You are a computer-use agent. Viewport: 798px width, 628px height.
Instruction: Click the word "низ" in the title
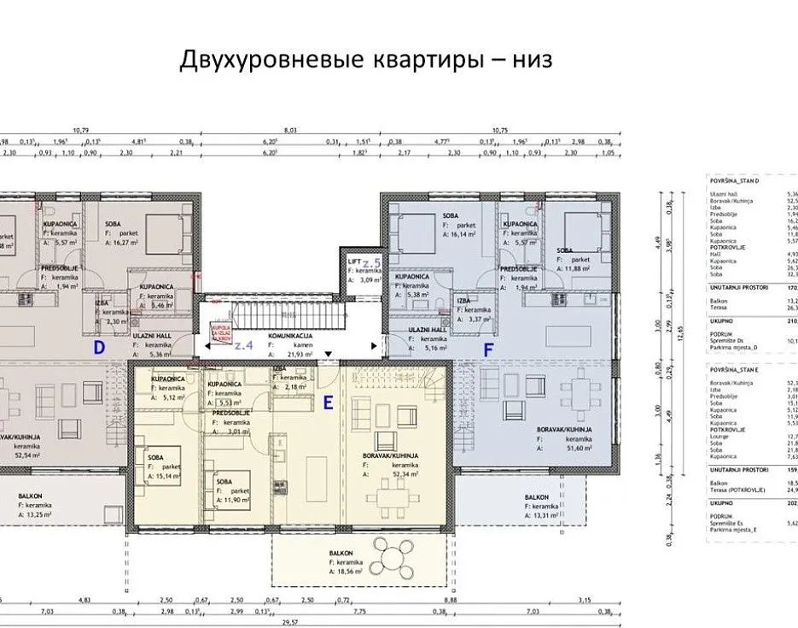click(x=531, y=60)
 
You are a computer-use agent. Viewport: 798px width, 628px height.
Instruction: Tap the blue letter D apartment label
click(x=99, y=348)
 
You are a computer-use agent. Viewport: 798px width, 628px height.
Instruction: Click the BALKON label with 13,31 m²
click(x=536, y=496)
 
